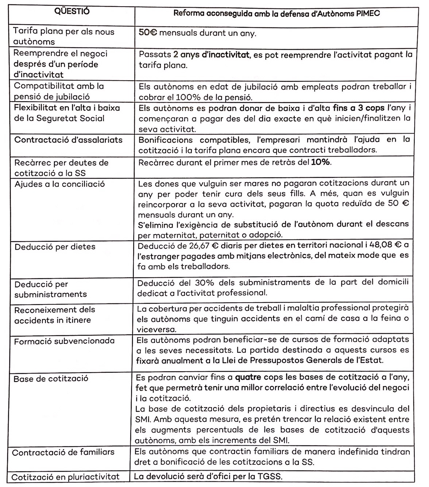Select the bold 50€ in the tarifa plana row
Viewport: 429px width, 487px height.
148,33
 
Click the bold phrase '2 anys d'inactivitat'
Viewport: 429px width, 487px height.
211,55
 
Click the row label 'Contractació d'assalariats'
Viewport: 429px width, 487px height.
68,140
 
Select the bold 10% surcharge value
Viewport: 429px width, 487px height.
321,162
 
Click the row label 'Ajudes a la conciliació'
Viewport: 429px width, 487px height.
59,184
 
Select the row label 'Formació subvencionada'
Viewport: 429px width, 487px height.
64,341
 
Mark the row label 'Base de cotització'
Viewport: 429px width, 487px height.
51,379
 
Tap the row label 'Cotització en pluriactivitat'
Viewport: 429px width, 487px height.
65,477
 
